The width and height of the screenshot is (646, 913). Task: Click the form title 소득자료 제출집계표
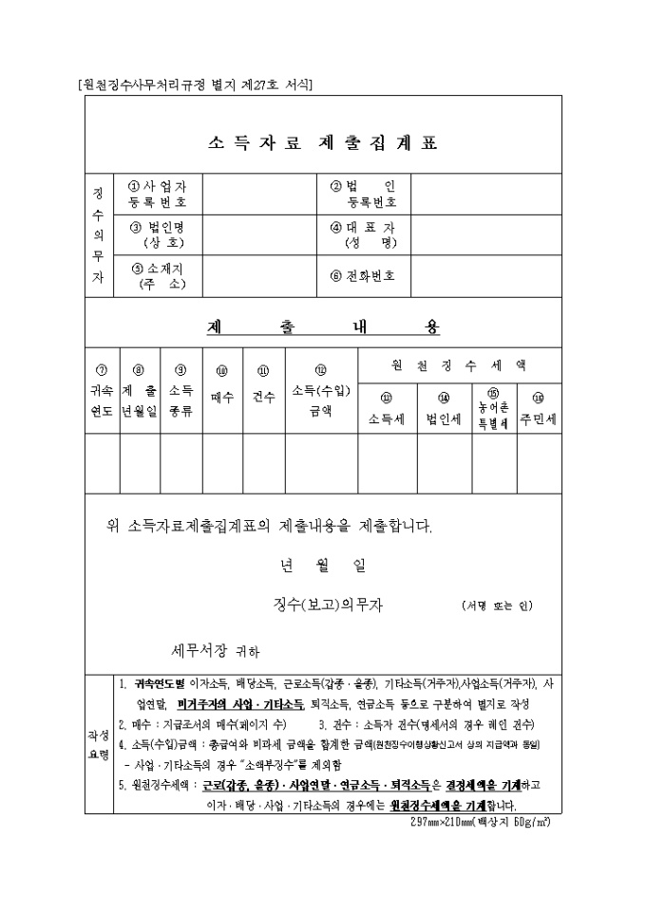tap(322, 144)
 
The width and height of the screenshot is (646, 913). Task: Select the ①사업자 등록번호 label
tap(158, 195)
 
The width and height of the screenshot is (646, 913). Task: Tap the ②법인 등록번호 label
tap(364, 195)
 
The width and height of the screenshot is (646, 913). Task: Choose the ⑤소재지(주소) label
tap(158, 276)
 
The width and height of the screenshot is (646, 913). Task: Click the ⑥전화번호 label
tap(364, 276)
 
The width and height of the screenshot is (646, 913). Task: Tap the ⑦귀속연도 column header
tap(102, 391)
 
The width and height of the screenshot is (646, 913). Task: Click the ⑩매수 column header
tap(222, 391)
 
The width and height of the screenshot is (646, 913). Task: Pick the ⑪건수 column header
tap(263, 391)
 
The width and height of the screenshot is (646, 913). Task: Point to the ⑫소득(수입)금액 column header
tap(321, 391)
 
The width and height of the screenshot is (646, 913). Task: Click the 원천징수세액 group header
tap(459, 364)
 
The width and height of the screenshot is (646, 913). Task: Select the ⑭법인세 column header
tap(443, 411)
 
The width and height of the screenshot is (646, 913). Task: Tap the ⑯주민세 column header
tap(538, 411)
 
